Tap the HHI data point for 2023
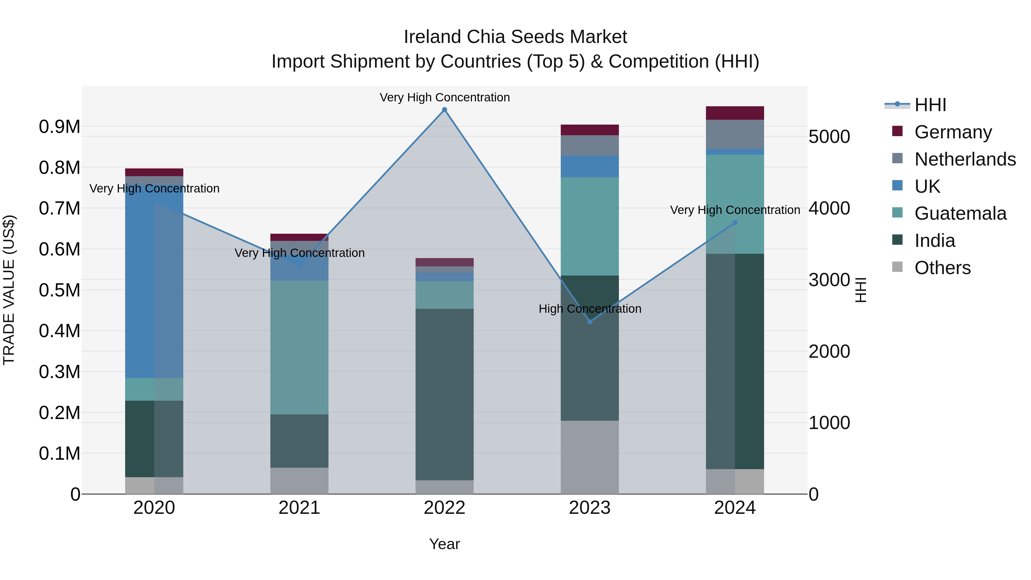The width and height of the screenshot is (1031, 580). pyautogui.click(x=590, y=322)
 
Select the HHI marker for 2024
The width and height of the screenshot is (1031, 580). pyautogui.click(x=735, y=223)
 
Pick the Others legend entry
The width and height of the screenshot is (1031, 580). pyautogui.click(x=942, y=268)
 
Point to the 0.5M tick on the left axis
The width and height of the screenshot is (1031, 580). pyautogui.click(x=59, y=290)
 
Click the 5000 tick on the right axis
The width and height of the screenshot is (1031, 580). pyautogui.click(x=829, y=137)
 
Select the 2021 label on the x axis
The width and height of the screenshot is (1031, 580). pyautogui.click(x=299, y=508)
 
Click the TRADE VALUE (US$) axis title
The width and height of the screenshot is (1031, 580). pyautogui.click(x=9, y=290)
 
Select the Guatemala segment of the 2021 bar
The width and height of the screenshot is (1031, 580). pyautogui.click(x=299, y=347)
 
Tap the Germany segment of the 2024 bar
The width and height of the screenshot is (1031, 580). pyautogui.click(x=735, y=113)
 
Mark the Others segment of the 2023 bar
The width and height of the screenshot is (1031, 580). pyautogui.click(x=590, y=457)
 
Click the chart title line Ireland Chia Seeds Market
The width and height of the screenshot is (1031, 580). pyautogui.click(x=515, y=37)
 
